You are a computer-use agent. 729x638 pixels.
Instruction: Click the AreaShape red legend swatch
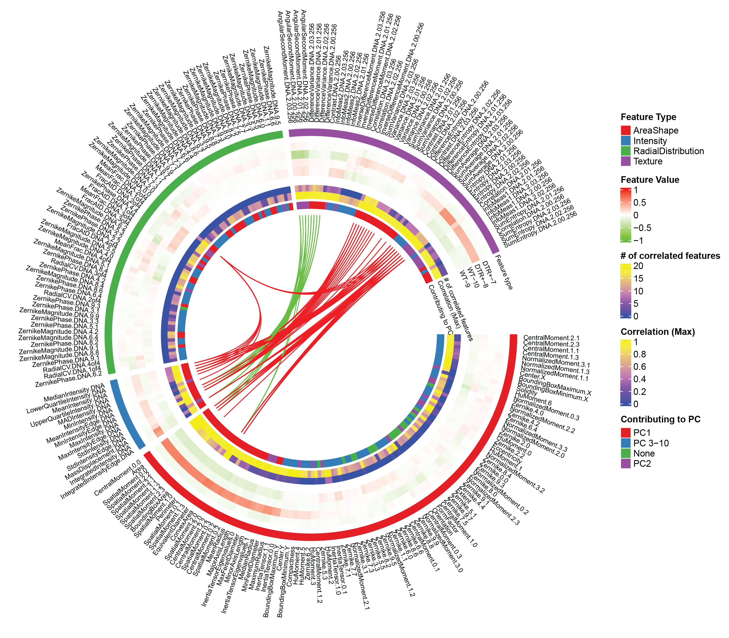click(625, 130)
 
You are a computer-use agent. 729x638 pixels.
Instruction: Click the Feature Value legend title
click(650, 180)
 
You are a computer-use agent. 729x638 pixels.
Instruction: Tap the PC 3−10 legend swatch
click(625, 443)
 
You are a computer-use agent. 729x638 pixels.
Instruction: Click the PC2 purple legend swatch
click(625, 463)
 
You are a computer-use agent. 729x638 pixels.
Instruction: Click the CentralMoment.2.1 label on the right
click(551, 338)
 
